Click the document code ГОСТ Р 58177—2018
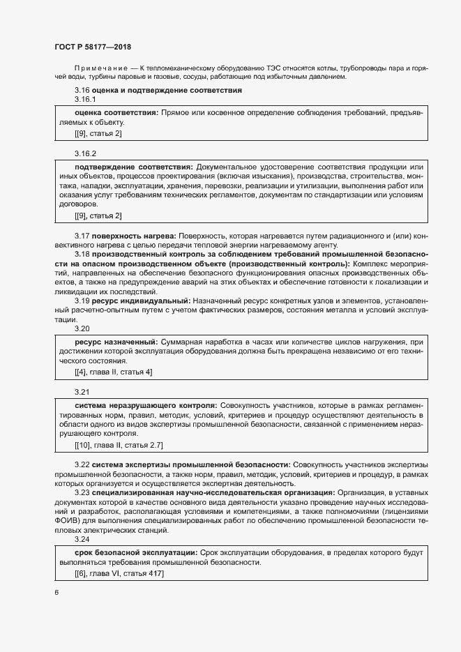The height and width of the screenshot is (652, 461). point(92,46)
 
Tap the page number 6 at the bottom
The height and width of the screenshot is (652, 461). point(56,593)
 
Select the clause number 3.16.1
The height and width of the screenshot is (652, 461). point(84,99)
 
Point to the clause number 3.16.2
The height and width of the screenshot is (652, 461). point(84,153)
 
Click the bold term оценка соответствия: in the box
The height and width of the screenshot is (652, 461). point(116,112)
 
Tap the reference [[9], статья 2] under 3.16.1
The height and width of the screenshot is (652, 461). point(98,133)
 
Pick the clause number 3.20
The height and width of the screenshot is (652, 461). point(82,328)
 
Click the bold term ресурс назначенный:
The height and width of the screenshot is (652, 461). point(116,342)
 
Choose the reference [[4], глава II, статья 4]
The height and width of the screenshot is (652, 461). point(113,372)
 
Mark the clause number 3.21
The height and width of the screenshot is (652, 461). point(82,392)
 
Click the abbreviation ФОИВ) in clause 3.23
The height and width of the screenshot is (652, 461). point(68,520)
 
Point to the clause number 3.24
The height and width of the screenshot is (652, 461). point(82,540)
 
